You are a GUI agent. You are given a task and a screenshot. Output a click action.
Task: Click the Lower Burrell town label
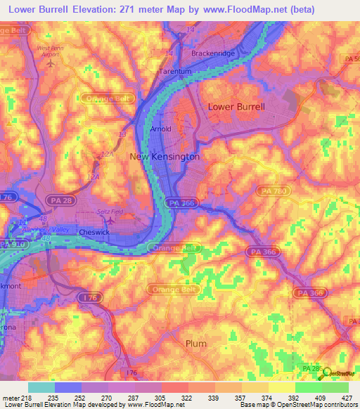(x=236, y=107)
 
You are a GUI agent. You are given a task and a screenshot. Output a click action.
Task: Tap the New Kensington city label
(x=165, y=157)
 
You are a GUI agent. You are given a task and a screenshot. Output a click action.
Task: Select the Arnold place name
(x=161, y=130)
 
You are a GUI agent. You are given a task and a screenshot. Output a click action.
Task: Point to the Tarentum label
(x=174, y=72)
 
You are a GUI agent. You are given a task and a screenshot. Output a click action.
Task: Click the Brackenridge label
(x=213, y=53)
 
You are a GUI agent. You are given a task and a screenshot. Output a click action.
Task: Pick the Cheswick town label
(x=94, y=231)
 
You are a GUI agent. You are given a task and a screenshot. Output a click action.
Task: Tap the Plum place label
(x=196, y=343)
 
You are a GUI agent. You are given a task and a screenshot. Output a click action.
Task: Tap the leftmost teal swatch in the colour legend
(x=41, y=387)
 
